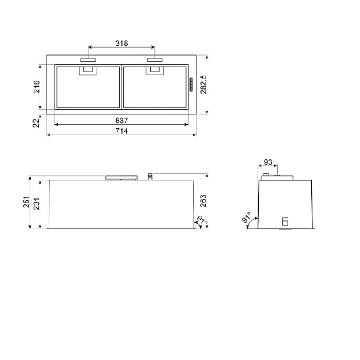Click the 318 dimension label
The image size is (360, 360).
coord(121,43)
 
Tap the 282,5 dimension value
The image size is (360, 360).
coord(203,85)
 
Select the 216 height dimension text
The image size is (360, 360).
coord(36,86)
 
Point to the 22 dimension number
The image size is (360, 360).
coord(36,123)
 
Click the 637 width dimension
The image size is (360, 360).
coord(121,121)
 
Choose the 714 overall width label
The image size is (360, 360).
coord(121,131)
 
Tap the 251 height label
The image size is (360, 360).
coord(27,202)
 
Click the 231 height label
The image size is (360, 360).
coord(36,204)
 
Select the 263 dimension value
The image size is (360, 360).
coord(203,201)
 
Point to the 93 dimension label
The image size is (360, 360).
coord(268,162)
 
